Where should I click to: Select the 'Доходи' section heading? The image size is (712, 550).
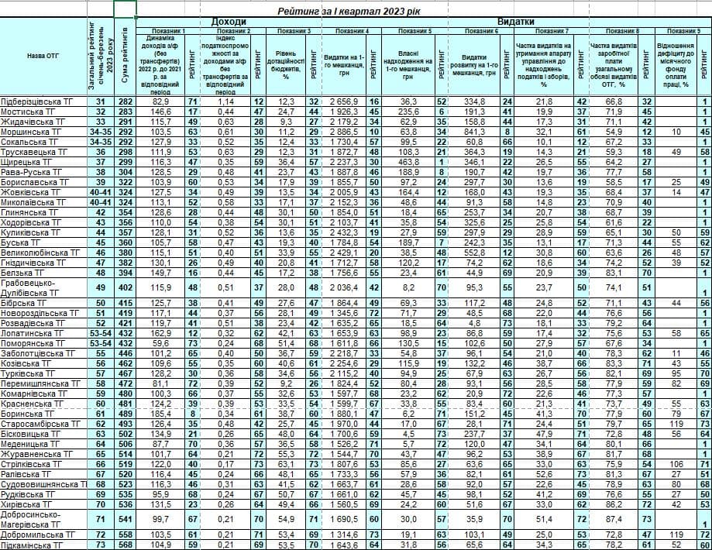coord(229,22)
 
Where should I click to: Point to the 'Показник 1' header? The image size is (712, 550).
coord(169,30)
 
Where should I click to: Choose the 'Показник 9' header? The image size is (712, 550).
coord(683,30)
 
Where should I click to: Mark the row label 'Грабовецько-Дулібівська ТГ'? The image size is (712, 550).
coord(35,287)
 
